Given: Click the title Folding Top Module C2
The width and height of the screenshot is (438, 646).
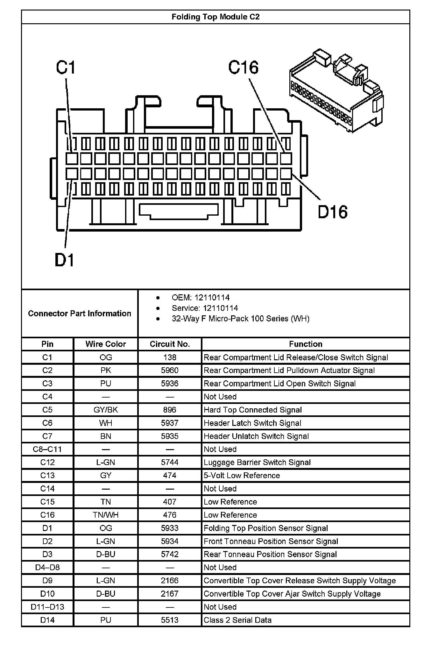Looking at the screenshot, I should click(215, 17).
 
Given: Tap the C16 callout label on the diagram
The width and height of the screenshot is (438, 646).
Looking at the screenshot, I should click(244, 68).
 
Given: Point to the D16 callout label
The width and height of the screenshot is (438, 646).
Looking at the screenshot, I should click(333, 212).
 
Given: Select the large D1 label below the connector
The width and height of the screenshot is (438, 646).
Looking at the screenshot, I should click(65, 260).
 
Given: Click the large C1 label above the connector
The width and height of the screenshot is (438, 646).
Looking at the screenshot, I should click(66, 68).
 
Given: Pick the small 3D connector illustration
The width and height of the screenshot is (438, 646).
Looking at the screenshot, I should click(336, 91).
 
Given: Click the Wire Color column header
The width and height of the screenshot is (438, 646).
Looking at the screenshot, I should click(106, 344).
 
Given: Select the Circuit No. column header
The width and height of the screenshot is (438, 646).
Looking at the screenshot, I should click(170, 344).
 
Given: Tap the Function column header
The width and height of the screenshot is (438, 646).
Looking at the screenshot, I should click(306, 344).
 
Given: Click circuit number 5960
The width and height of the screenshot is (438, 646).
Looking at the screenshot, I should click(170, 370).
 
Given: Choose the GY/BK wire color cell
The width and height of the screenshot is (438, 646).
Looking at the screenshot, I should click(106, 410).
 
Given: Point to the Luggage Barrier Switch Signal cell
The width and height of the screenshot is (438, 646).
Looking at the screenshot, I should click(257, 463).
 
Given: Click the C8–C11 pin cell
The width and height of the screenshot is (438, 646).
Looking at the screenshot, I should click(47, 449).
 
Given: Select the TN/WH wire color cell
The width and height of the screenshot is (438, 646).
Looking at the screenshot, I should click(106, 515).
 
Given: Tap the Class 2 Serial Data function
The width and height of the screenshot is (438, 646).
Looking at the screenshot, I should click(237, 620).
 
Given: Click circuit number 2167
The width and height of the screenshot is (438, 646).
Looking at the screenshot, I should click(170, 594).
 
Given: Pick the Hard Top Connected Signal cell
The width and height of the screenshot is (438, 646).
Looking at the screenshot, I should click(253, 410).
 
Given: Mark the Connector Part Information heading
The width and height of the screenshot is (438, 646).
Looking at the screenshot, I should click(80, 313).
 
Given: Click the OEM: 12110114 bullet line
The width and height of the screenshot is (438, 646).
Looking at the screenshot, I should click(201, 298).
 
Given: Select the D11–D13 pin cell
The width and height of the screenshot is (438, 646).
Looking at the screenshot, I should click(47, 607).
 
